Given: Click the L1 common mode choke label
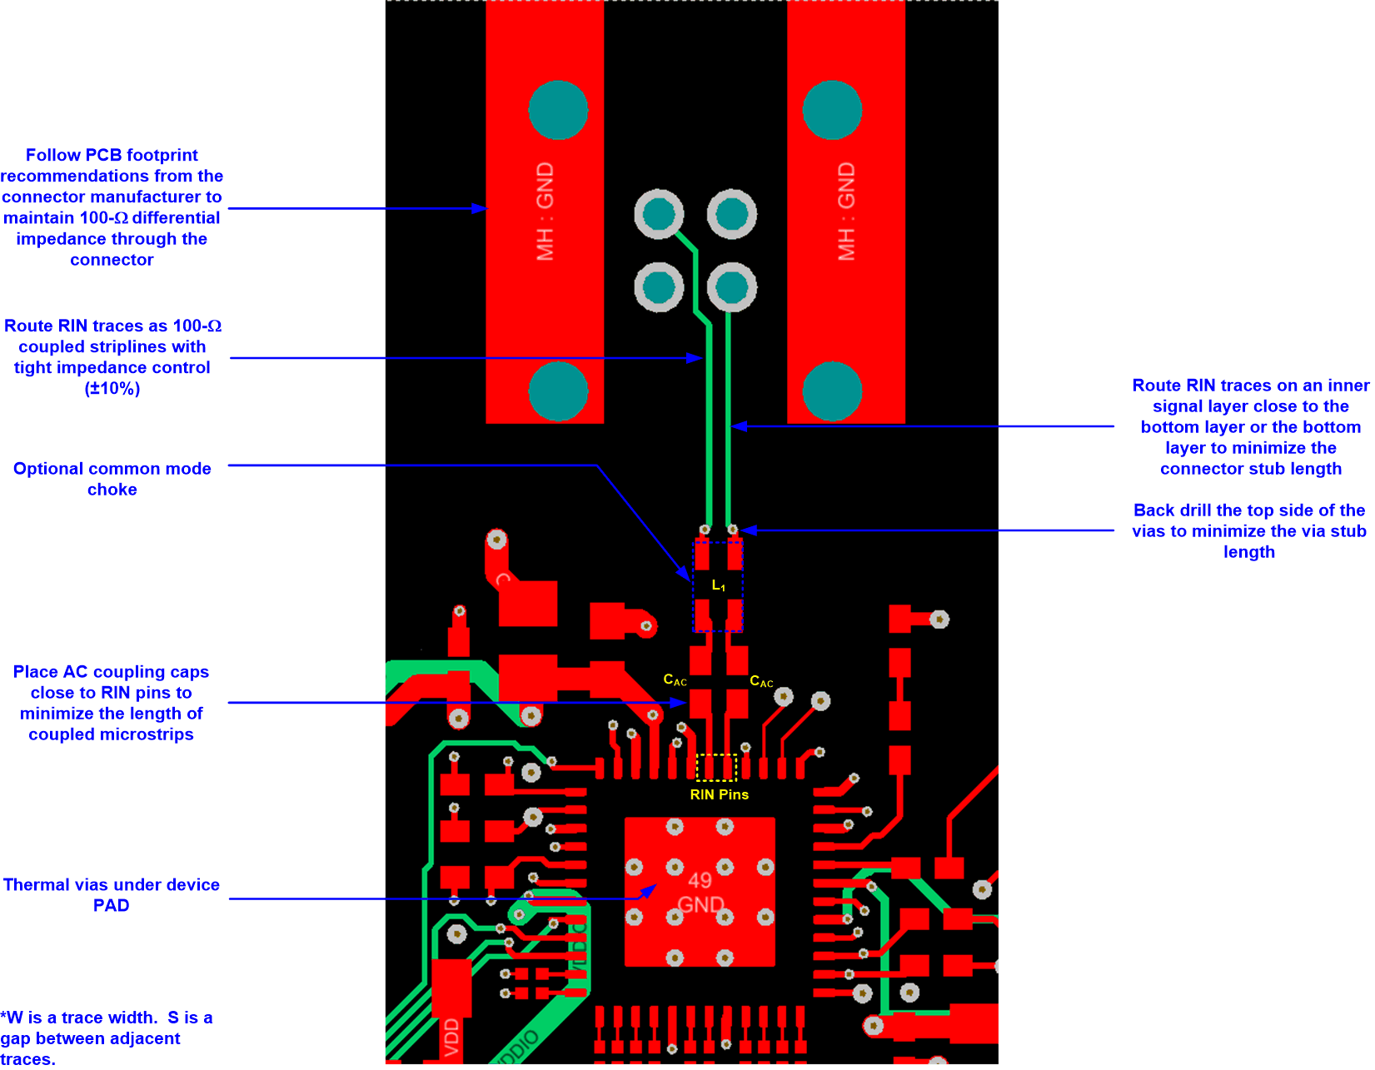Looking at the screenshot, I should [x=718, y=586].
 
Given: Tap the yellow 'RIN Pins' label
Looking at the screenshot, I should [x=719, y=794].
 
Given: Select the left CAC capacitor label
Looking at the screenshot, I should [x=675, y=680].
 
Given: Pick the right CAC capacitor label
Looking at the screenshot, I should [x=761, y=682].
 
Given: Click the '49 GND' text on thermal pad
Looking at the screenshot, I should [x=700, y=893].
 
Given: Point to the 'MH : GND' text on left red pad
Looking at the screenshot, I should [x=545, y=212].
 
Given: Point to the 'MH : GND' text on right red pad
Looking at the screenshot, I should [x=846, y=212].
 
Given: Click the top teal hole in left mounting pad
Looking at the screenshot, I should [x=558, y=110].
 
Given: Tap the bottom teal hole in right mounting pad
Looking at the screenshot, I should [x=832, y=391].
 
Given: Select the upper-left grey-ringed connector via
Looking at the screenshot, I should [x=659, y=214].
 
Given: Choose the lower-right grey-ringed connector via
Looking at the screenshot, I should [x=732, y=287].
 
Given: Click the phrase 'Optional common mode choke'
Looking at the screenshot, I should [x=112, y=479].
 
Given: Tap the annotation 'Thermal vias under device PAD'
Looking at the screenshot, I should [x=111, y=894].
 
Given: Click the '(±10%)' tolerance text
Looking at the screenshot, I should [x=112, y=389].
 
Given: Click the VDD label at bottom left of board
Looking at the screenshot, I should [x=451, y=1037].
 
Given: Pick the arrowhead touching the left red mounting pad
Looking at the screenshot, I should [x=481, y=208].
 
